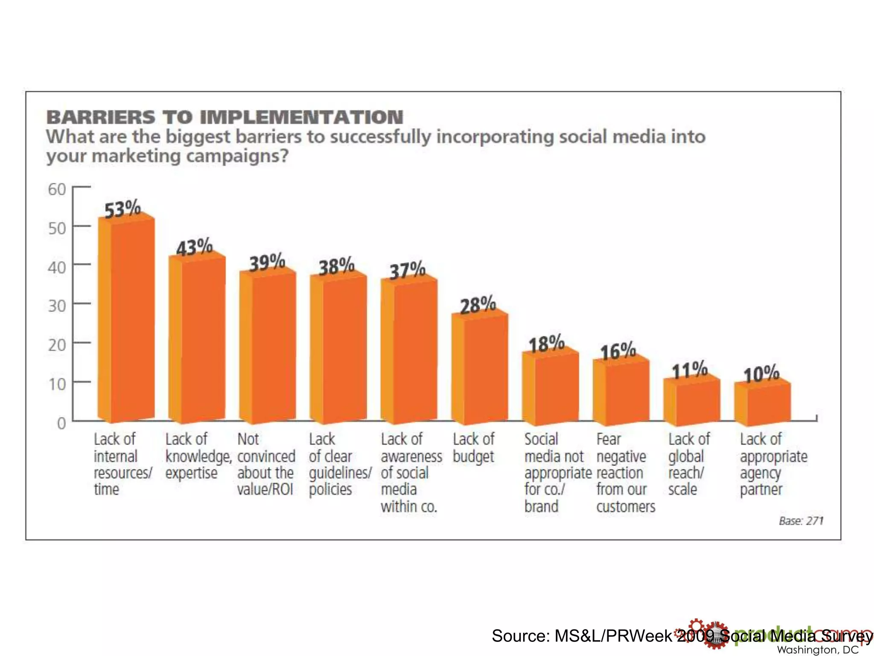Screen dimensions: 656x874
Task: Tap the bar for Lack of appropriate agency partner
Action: [x=762, y=404]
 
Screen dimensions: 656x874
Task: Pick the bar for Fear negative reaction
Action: [x=621, y=393]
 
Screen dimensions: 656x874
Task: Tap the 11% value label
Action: [x=690, y=370]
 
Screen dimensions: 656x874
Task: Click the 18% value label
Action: [x=546, y=344]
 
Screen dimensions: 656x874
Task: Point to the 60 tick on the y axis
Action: [x=57, y=189]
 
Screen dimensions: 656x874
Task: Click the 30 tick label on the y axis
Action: [x=57, y=306]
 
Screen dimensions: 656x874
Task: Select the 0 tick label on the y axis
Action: [x=61, y=423]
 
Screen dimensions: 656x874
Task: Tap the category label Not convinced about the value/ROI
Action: [x=266, y=464]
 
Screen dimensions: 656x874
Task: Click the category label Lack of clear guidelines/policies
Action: [x=339, y=464]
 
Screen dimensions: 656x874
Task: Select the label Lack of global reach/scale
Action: [x=688, y=464]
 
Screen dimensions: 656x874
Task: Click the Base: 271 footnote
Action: [x=801, y=521]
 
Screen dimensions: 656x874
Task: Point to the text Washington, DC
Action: [x=817, y=650]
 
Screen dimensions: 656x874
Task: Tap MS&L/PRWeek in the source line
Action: [x=613, y=636]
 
